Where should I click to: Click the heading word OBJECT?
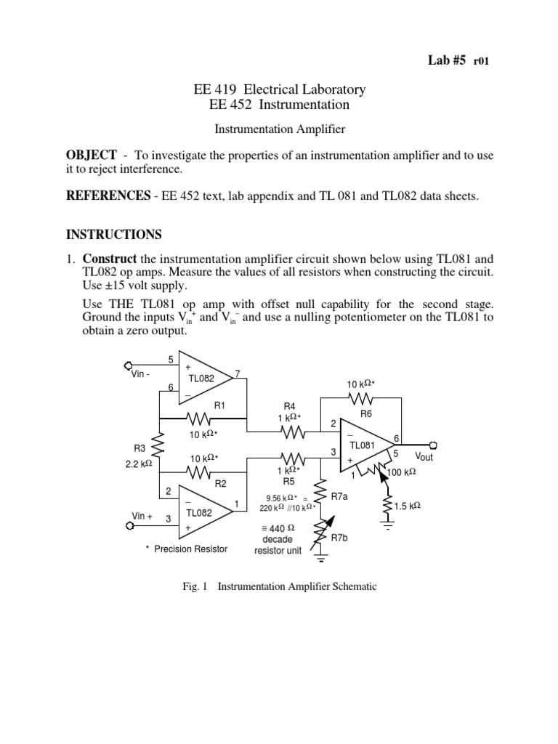91,155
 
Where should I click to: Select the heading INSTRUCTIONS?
115,235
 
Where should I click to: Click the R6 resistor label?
366,413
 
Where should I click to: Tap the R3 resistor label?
139,450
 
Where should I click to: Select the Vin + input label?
142,516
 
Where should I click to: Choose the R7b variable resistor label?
340,538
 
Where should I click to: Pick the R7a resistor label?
340,496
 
